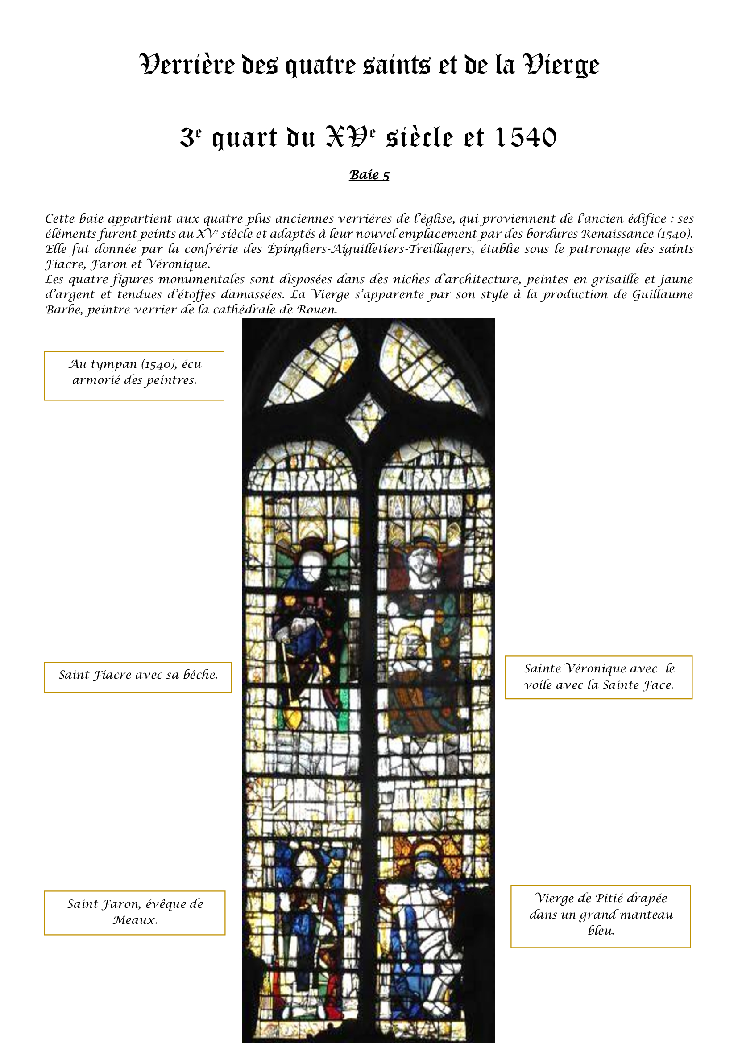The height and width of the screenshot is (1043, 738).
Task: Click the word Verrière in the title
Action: point(187,65)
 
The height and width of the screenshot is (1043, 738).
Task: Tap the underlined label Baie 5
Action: point(369,175)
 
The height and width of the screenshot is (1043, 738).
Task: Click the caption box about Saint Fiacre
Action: point(138,677)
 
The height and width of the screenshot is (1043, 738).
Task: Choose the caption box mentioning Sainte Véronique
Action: point(598,677)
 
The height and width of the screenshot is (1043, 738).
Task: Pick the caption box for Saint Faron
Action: point(134,913)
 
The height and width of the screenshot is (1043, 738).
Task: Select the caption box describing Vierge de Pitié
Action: point(600,916)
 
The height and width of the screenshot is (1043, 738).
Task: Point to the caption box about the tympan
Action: point(134,375)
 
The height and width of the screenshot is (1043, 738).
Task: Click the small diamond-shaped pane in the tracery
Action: point(365,417)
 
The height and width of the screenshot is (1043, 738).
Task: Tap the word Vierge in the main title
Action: point(561,65)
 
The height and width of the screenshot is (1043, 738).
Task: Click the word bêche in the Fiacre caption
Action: point(200,675)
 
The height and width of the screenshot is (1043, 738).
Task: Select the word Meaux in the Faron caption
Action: point(134,920)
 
